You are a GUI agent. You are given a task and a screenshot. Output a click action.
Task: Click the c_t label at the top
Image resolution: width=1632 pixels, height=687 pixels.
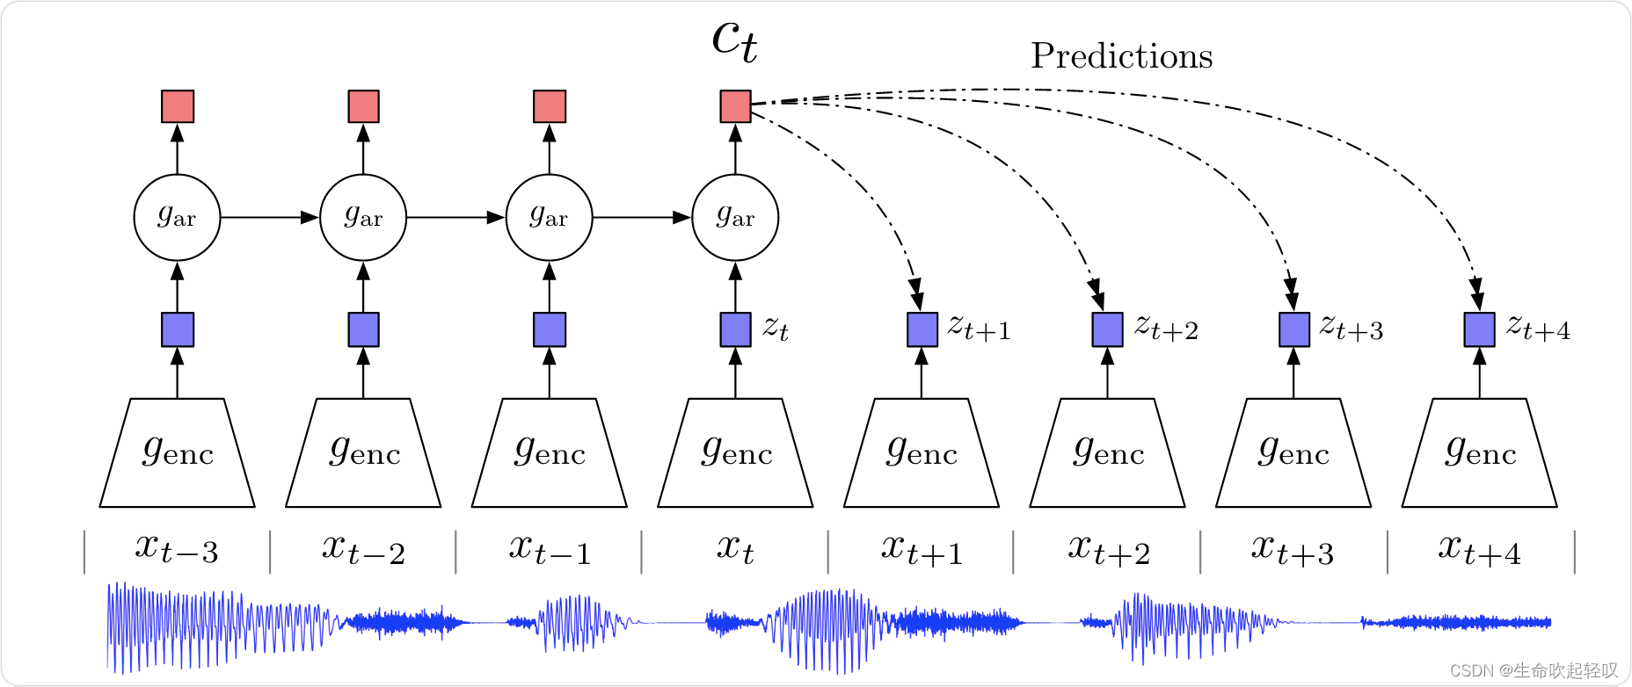734,40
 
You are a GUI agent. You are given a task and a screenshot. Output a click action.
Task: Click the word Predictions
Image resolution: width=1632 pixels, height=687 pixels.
1121,56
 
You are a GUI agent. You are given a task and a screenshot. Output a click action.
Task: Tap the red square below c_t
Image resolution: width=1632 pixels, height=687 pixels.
735,106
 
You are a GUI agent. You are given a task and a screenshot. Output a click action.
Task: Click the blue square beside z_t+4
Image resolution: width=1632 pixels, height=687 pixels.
1479,329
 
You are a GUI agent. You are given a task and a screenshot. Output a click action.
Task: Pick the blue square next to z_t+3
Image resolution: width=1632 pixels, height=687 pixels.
1293,329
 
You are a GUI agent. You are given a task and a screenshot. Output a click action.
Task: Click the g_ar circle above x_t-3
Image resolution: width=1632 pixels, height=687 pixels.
177,218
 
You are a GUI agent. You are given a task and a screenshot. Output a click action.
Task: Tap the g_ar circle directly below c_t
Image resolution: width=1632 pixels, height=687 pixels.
735,218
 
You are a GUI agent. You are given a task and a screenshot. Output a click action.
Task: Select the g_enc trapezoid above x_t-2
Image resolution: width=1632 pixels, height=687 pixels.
363,453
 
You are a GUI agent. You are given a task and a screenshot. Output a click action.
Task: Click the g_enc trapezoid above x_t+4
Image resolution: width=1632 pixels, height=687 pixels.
1479,453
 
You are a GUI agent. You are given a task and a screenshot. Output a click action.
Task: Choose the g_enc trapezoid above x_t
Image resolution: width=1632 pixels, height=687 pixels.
735,453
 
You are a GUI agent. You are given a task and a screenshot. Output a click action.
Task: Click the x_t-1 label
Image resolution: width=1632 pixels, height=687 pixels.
550,550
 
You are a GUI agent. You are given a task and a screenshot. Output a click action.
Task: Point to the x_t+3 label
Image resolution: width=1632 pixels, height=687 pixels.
1293,550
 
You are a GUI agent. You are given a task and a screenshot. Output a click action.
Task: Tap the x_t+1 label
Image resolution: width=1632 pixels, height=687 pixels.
922,550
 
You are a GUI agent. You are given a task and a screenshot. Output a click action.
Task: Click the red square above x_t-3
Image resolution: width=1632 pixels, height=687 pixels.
178,106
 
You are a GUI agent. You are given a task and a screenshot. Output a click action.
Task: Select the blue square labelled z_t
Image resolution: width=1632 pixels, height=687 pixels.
735,329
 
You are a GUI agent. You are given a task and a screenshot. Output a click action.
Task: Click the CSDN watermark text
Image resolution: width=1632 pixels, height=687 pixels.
1534,671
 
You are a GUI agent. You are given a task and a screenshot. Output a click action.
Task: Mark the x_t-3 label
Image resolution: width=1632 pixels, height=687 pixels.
177,550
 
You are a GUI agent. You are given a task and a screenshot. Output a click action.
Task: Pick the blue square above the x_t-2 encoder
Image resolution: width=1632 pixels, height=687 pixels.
363,329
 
